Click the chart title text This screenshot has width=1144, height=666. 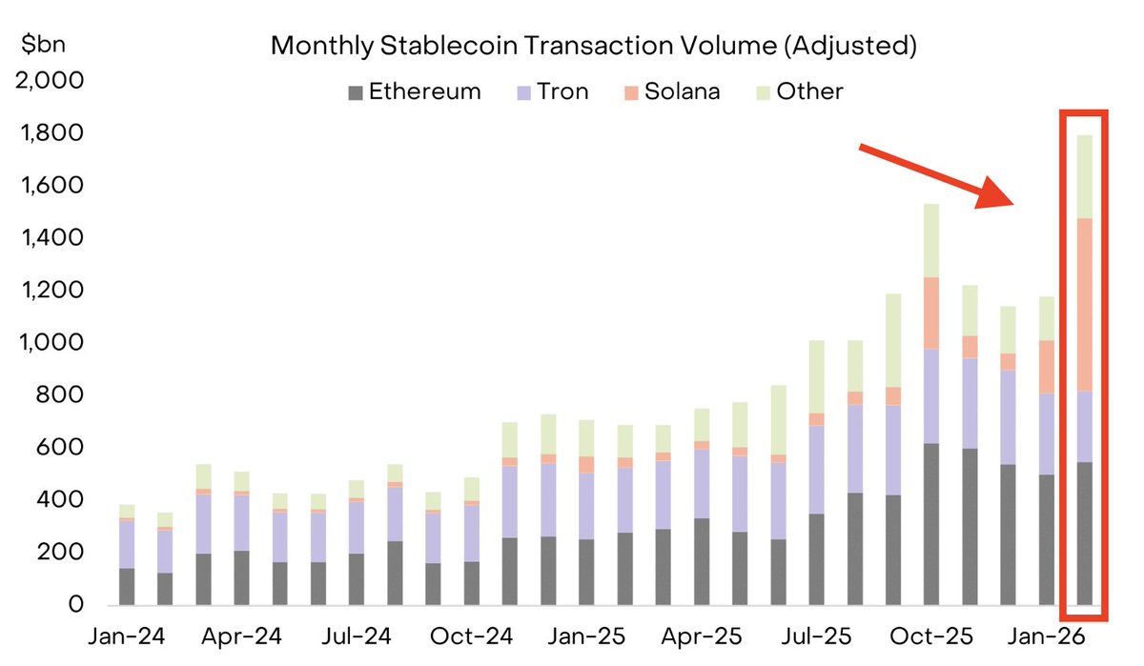point(593,46)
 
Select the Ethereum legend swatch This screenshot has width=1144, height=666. point(356,92)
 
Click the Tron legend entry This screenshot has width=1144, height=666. point(552,92)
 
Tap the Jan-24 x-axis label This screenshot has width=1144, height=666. point(126,636)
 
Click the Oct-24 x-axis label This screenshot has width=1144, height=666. point(470,636)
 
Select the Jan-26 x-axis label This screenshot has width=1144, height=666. point(1044,636)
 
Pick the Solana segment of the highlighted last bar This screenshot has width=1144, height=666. point(1085,305)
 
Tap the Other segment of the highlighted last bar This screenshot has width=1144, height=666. point(1085,177)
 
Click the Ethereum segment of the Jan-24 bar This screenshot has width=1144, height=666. point(127,586)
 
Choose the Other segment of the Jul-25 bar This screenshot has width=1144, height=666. point(816,376)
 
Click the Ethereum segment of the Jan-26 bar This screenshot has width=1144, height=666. point(1047,539)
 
